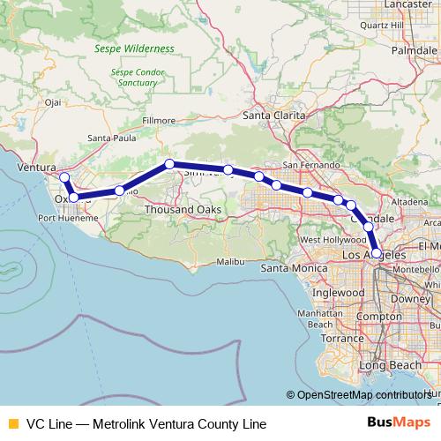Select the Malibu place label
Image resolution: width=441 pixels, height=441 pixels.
tap(229, 262)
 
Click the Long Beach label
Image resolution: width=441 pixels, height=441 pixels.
tap(385, 365)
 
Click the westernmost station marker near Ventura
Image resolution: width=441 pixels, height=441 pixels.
tap(64, 177)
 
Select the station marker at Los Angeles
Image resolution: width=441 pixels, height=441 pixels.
tap(377, 253)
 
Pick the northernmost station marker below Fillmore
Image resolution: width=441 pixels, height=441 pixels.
tap(169, 163)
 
